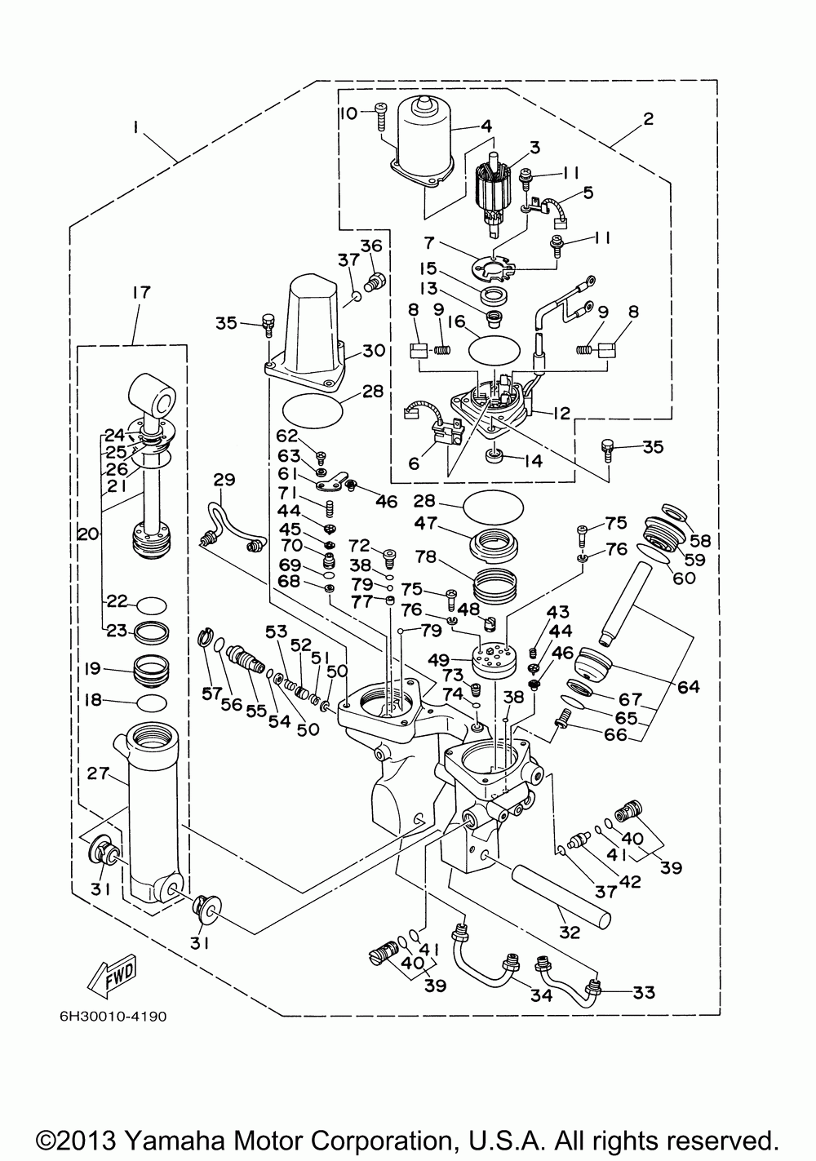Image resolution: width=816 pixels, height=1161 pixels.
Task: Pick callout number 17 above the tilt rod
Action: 141,292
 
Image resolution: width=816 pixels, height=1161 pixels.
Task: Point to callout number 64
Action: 688,687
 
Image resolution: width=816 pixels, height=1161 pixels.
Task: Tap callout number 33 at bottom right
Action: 643,993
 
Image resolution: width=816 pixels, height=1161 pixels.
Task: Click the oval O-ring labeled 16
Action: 494,351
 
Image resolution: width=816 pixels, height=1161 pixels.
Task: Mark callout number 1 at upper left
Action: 135,127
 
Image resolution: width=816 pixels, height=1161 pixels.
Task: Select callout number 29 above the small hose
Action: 224,480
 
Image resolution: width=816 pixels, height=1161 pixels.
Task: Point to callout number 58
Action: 700,541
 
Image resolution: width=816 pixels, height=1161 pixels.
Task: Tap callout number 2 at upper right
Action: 648,119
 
